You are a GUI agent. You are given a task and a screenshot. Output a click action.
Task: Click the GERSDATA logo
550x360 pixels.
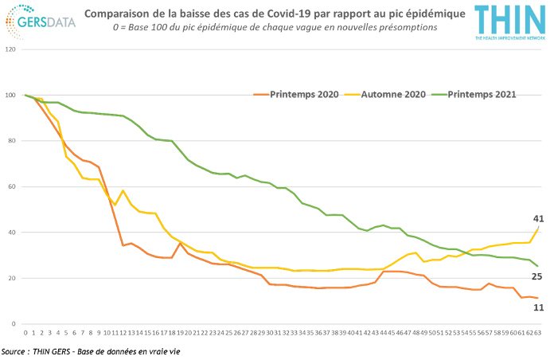pos(39,22)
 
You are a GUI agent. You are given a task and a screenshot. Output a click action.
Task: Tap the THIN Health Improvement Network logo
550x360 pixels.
pos(509,22)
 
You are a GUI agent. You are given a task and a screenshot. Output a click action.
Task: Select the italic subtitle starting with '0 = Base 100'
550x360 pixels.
pos(275,28)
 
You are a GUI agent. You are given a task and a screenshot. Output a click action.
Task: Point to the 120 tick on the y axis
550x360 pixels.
pos(10,49)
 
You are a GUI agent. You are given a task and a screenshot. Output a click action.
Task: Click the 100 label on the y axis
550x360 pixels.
pos(10,96)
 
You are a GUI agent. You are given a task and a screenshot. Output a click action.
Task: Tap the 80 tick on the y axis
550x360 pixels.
pos(11,142)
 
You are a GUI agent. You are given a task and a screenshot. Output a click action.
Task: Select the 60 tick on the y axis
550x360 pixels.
pos(11,187)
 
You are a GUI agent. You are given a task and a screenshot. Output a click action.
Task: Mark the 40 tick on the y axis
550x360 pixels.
pos(11,233)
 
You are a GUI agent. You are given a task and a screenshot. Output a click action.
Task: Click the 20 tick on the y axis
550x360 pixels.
pos(11,279)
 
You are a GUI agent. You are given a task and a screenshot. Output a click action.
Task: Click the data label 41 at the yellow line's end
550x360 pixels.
pos(538,218)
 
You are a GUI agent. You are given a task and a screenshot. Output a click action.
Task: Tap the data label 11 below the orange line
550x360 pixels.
pos(538,307)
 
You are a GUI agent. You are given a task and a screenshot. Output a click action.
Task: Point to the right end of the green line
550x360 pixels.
pos(538,266)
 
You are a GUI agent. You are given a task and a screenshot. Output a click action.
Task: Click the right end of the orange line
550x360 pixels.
pos(538,298)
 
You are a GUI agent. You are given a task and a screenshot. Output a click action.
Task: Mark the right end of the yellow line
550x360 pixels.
pos(538,229)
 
